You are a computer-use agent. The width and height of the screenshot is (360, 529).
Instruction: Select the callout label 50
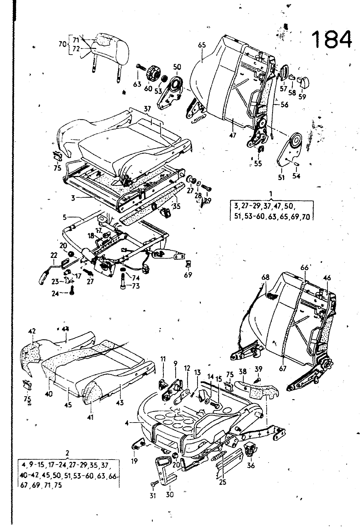coord(177,67)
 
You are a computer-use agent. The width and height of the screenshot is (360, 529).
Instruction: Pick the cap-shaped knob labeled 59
coord(302,81)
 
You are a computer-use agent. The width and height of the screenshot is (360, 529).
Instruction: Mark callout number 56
coord(284,105)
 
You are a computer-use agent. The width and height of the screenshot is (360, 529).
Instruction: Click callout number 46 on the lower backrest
coord(327,278)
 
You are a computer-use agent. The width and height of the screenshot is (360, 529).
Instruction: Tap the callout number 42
coord(32,331)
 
